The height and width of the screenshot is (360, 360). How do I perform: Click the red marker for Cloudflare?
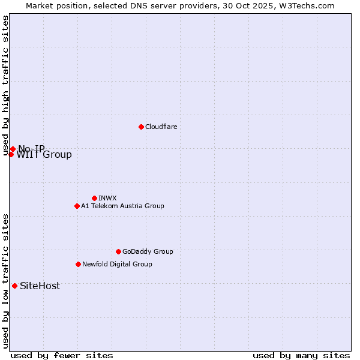141,127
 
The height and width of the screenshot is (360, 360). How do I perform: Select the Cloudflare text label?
161,127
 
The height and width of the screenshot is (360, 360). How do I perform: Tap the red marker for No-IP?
13,149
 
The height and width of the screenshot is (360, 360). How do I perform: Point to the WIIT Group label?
44,155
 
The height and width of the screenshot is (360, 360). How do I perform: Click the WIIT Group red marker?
11,154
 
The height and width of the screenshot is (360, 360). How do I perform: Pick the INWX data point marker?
94,198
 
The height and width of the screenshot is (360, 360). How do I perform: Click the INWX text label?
107,198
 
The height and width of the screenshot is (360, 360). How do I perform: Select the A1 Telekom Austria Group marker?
77,206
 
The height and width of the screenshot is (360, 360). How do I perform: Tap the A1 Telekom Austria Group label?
122,206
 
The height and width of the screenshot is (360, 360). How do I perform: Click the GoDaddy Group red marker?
118,251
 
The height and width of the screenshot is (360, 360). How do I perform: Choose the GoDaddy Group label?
148,251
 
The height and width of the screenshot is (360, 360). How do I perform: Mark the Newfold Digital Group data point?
78,264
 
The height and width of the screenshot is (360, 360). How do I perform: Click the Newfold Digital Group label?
117,264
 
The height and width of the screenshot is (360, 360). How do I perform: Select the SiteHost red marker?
14,286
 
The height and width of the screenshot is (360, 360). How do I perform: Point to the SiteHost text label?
40,286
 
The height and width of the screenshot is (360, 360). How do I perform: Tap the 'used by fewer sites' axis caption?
62,355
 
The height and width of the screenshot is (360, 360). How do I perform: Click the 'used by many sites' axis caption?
301,355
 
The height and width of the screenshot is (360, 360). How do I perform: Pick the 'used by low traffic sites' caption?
6,281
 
